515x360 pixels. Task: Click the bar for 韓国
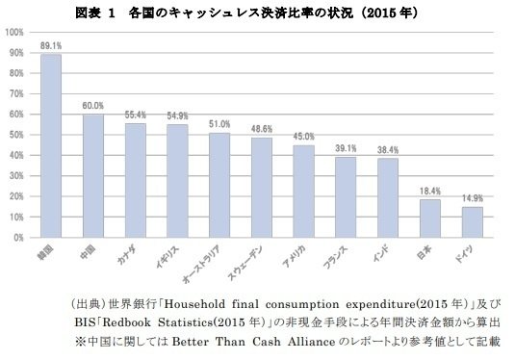click(51, 144)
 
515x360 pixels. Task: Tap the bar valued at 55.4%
click(136, 180)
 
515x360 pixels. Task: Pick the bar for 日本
click(430, 218)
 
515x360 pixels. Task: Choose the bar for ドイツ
click(473, 221)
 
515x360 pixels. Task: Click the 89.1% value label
click(51, 45)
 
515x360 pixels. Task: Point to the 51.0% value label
click(219, 124)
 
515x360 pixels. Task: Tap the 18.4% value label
click(430, 191)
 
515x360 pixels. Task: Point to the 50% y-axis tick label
click(16, 135)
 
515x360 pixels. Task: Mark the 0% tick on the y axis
click(19, 237)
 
